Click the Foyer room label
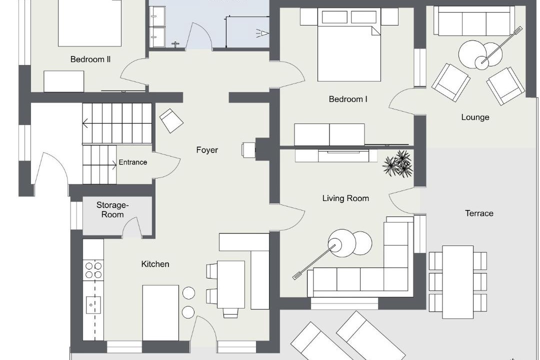coord(207,150)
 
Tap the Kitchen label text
coord(155,264)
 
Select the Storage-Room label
coord(112,210)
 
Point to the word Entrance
coord(133,162)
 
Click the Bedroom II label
coord(90,59)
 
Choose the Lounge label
coord(475,117)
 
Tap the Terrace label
coord(479,213)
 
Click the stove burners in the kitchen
coord(93,270)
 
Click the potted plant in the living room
coord(398,163)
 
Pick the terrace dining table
coord(457,282)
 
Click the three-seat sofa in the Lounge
coord(474,21)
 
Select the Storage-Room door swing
coord(132,225)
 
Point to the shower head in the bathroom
coord(262,33)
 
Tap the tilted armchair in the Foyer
coord(171,120)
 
